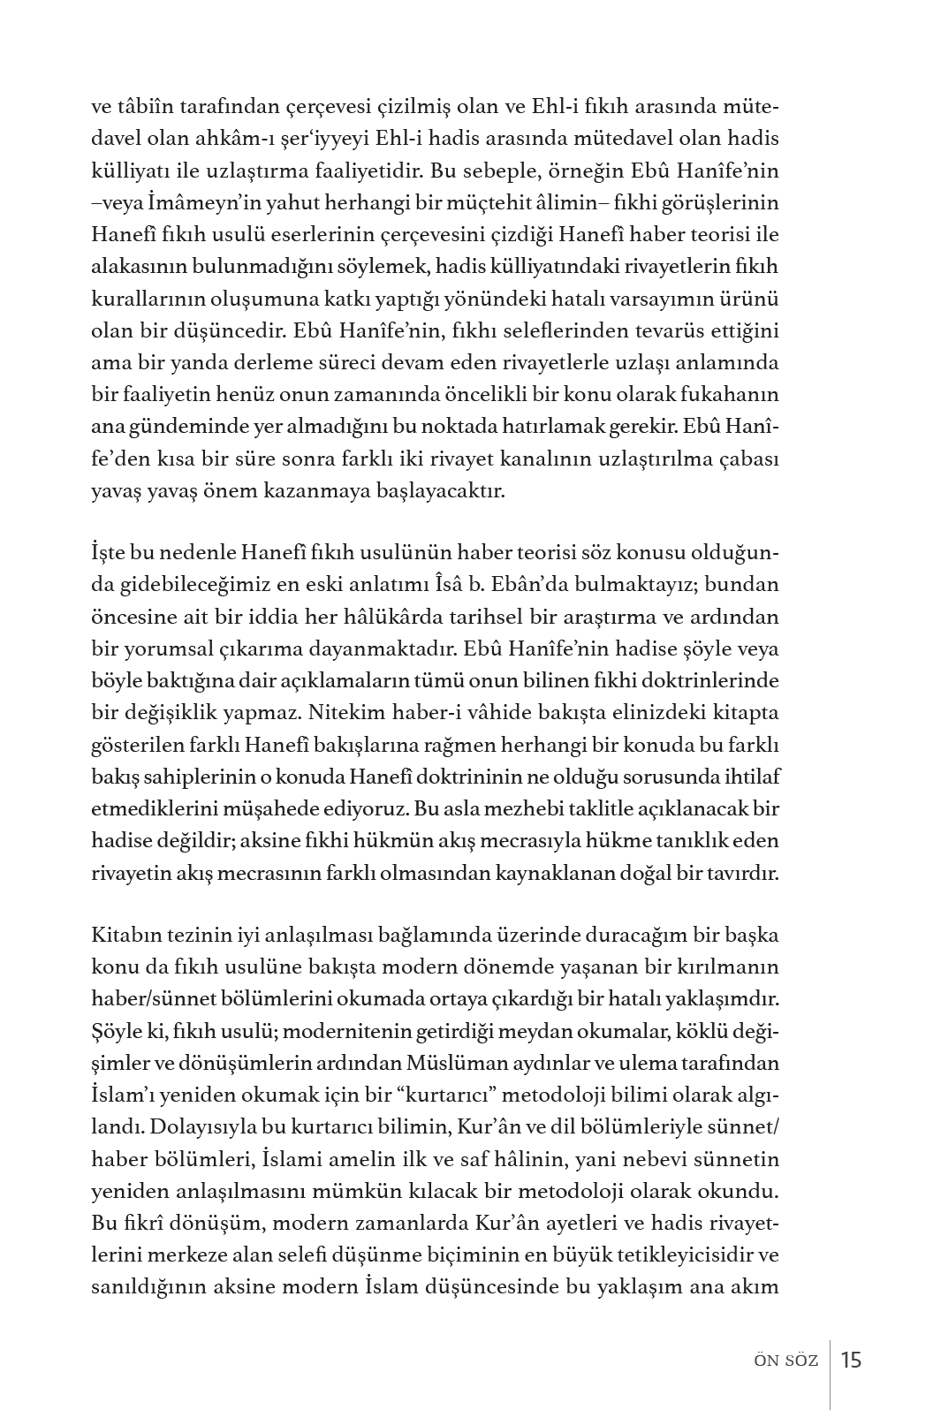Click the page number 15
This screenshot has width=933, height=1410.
851,1359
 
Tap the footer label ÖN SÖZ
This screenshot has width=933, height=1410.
780,1361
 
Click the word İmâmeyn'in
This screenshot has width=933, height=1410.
178,203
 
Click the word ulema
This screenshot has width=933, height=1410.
630,1063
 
